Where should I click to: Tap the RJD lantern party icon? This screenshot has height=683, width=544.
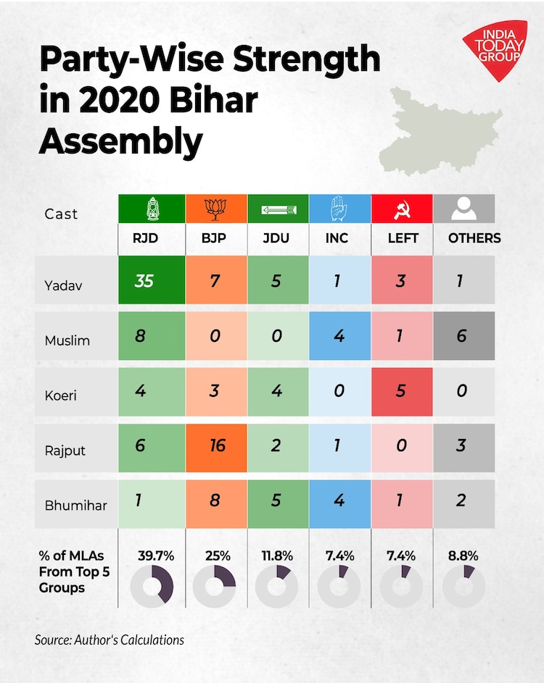[153, 209]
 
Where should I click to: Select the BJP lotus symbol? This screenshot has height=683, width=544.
[215, 209]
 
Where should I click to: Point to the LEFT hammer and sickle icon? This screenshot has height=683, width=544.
[401, 209]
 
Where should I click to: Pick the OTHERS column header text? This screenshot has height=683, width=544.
[474, 238]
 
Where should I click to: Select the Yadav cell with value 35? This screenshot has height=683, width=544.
[144, 280]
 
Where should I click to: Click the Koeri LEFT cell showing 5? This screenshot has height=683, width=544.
[402, 390]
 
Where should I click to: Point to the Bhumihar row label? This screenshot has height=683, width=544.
[75, 505]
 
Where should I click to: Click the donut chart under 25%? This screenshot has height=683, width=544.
[215, 586]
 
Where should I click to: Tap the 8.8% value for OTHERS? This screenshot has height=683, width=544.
[463, 556]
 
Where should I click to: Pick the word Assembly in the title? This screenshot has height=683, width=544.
[120, 141]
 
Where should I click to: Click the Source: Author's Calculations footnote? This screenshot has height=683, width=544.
[109, 640]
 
